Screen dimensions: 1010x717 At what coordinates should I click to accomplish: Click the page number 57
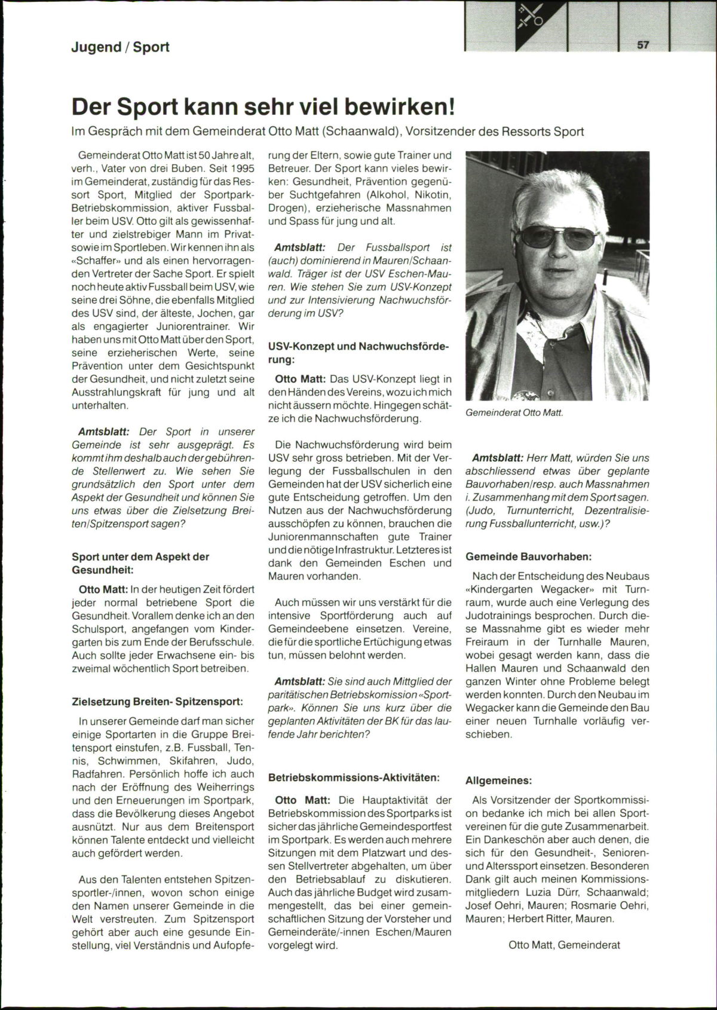[643, 45]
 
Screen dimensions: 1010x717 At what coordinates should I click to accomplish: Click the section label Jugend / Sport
[120, 47]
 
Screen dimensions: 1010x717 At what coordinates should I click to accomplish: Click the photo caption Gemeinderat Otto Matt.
[514, 412]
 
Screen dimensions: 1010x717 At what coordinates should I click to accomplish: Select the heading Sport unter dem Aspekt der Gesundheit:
[140, 563]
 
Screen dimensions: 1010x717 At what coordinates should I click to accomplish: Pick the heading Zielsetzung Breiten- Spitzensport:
[157, 702]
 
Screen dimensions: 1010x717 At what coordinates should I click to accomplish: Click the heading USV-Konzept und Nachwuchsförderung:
[358, 353]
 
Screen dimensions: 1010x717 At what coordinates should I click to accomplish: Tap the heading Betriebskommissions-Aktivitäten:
[354, 778]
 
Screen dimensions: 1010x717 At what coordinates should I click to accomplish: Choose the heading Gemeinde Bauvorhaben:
[528, 556]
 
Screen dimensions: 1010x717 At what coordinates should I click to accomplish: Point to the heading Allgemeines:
[498, 781]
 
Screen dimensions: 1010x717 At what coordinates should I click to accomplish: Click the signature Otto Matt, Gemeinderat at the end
[564, 945]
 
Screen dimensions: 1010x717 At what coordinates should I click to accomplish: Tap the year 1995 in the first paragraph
[240, 169]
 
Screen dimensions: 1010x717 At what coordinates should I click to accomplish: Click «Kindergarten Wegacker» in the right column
[524, 589]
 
